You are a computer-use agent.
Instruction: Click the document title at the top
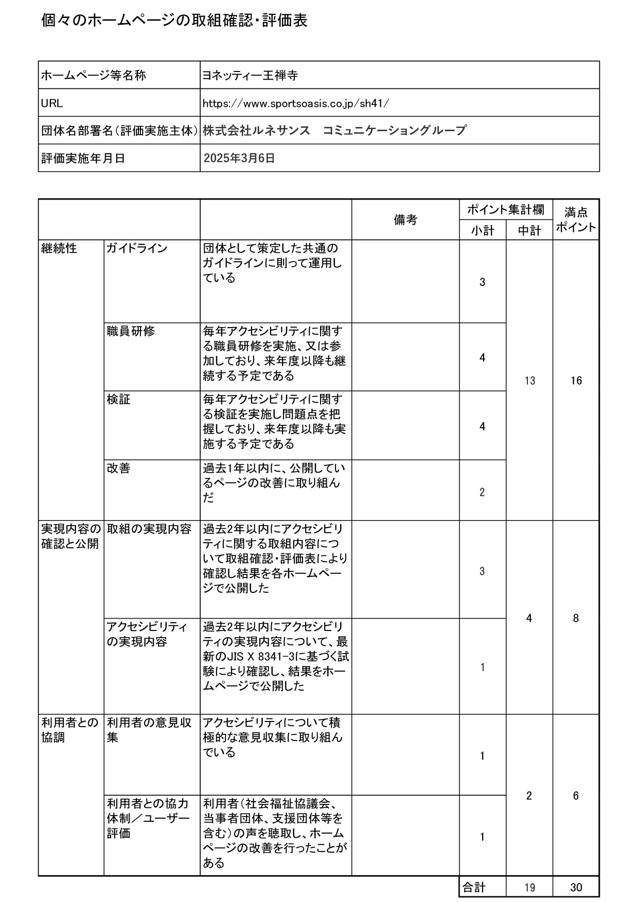pyautogui.click(x=174, y=21)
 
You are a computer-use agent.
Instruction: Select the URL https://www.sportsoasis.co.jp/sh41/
pyautogui.click(x=296, y=103)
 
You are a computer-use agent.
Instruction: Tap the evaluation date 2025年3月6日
pyautogui.click(x=239, y=158)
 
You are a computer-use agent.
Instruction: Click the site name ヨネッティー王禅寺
pyautogui.click(x=251, y=76)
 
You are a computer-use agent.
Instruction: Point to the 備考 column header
pyautogui.click(x=405, y=220)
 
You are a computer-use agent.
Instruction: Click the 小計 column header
pyautogui.click(x=482, y=230)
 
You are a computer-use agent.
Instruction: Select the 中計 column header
pyautogui.click(x=529, y=230)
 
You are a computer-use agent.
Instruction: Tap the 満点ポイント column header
pyautogui.click(x=576, y=220)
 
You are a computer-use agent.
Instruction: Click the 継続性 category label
pyautogui.click(x=59, y=248)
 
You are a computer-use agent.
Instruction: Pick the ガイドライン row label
pyautogui.click(x=137, y=248)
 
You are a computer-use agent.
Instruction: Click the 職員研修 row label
pyautogui.click(x=131, y=331)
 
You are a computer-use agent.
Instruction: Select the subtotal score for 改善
pyautogui.click(x=482, y=492)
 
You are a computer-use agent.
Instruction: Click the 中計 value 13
pyautogui.click(x=529, y=381)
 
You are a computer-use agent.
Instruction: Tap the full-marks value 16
pyautogui.click(x=576, y=381)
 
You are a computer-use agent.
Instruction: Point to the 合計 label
pyautogui.click(x=474, y=887)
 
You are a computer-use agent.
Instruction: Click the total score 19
pyautogui.click(x=529, y=888)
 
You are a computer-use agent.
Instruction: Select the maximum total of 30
pyautogui.click(x=576, y=888)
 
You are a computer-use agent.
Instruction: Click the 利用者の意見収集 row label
pyautogui.click(x=149, y=730)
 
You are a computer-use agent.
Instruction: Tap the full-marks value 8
pyautogui.click(x=576, y=618)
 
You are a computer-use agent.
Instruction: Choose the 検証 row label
pyautogui.click(x=118, y=399)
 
